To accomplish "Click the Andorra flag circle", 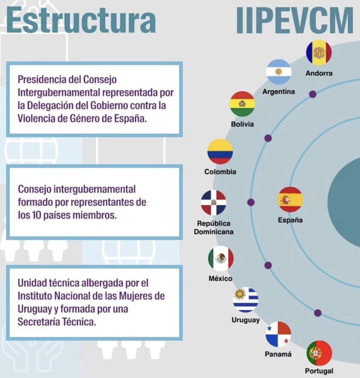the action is point(319,53).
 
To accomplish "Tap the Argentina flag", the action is point(278,72).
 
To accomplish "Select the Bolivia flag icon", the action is point(242,104).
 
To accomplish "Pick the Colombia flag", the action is point(220,151).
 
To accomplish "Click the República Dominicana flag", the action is point(214,203).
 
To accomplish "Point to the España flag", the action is point(290,200).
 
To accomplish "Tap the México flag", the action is point(221,258).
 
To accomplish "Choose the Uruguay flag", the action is point(246,300).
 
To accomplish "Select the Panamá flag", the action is point(278,334).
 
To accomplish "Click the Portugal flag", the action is point(319,353).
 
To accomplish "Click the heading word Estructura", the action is point(81,20).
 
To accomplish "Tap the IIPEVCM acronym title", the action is point(295,21).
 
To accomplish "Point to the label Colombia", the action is point(220,172).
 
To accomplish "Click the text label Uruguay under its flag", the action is point(246,320).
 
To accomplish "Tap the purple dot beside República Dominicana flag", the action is point(251,202).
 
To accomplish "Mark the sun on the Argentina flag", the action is point(278,72).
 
